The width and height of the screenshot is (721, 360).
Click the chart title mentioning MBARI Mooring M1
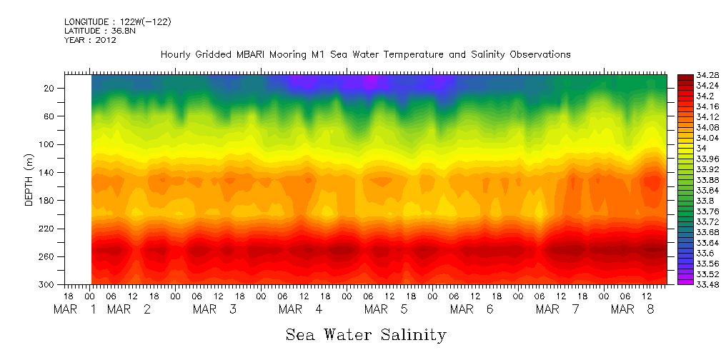click(x=365, y=55)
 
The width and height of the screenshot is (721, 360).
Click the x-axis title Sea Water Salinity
click(x=366, y=334)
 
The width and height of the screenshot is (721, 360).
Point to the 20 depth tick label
click(x=50, y=89)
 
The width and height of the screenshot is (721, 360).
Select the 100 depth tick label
click(x=48, y=145)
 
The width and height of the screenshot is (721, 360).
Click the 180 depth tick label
click(x=48, y=201)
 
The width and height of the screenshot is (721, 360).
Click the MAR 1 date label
click(x=76, y=310)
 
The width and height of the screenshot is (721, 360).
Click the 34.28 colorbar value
click(x=689, y=75)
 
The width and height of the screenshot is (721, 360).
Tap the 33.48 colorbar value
click(x=689, y=284)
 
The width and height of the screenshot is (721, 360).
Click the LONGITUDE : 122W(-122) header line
click(x=118, y=22)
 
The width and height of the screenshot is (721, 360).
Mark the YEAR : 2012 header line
click(x=90, y=40)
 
